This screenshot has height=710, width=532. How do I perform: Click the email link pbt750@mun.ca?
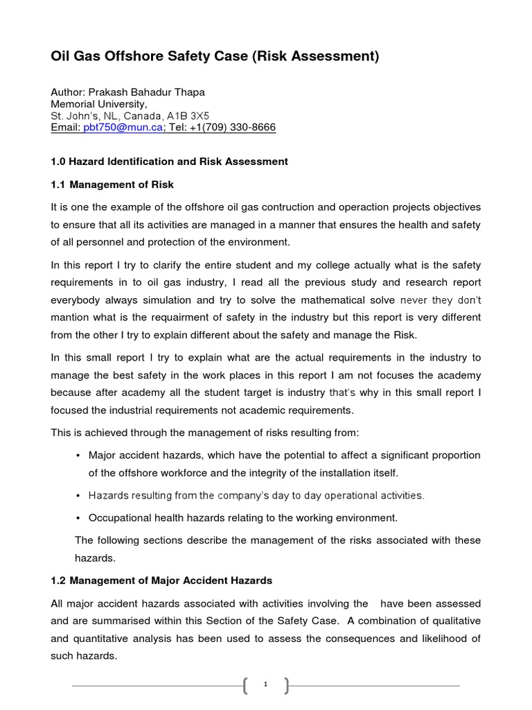123,128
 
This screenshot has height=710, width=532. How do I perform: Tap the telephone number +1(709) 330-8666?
232,128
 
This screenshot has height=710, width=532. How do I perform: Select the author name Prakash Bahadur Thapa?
146,92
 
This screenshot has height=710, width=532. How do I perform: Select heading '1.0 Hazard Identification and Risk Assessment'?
170,162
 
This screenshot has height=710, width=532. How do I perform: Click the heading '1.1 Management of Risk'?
112,184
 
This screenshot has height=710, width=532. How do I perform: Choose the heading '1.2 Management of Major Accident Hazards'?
161,580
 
